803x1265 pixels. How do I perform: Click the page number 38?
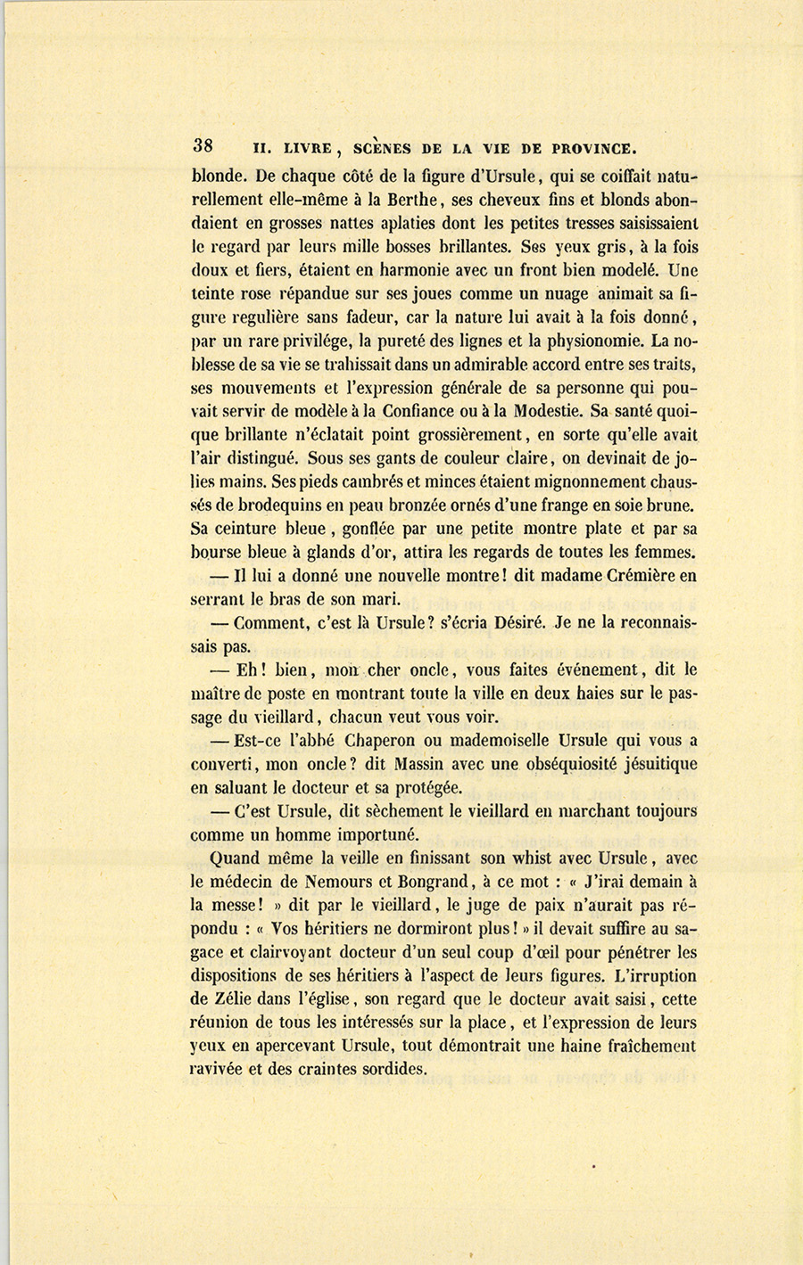point(202,145)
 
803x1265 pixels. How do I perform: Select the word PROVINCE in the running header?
point(593,148)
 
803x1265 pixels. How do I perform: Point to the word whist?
point(538,858)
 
